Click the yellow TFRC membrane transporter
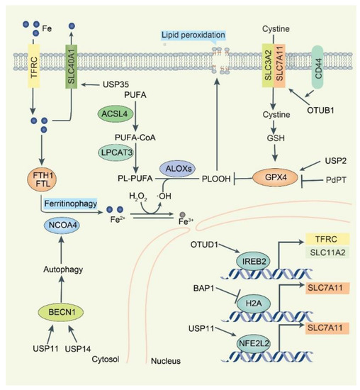tap(33, 66)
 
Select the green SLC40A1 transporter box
tap(72, 67)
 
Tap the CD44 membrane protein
tap(317, 67)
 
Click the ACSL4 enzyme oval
tap(115, 114)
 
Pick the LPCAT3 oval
tap(116, 152)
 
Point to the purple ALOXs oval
tap(179, 169)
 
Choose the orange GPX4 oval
tap(276, 177)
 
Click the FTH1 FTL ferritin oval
tap(43, 179)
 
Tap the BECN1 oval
tap(61, 312)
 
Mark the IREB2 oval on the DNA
tap(253, 262)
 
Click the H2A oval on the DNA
tap(253, 303)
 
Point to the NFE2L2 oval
tap(253, 343)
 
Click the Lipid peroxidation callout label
tap(193, 35)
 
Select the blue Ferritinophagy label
tap(70, 204)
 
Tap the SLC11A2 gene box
tap(327, 252)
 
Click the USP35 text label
tap(116, 84)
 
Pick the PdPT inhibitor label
tap(336, 180)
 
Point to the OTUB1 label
tap(320, 110)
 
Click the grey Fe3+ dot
tap(183, 214)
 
